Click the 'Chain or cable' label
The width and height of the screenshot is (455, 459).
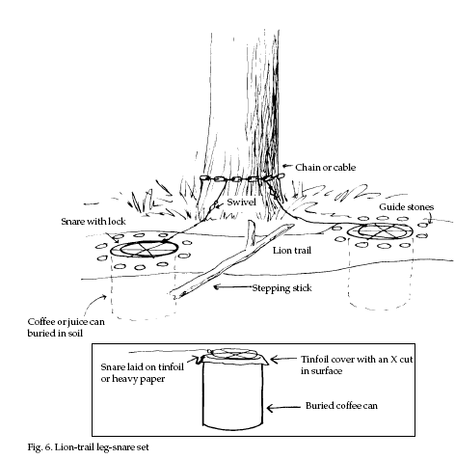(325, 168)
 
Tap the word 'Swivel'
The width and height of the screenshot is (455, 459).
(241, 202)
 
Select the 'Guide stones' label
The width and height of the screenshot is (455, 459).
(407, 207)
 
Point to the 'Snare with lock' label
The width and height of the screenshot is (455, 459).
(94, 222)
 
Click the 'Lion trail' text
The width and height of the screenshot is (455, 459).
(292, 250)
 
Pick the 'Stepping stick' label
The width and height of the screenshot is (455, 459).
(281, 288)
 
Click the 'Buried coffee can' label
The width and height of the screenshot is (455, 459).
(341, 406)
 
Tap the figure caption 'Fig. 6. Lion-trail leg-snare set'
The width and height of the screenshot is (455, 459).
(88, 447)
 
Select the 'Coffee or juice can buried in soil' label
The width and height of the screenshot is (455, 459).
(66, 327)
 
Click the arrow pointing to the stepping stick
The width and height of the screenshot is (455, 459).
(233, 286)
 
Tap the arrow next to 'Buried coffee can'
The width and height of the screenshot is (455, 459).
(283, 408)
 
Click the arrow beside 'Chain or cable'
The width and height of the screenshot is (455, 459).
(287, 166)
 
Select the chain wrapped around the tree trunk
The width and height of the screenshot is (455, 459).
(242, 178)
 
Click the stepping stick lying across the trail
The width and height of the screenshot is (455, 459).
(231, 260)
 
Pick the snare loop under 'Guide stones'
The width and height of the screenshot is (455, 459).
(381, 231)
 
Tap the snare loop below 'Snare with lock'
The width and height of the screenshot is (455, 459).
(144, 249)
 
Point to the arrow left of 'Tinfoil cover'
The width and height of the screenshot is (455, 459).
(282, 359)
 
